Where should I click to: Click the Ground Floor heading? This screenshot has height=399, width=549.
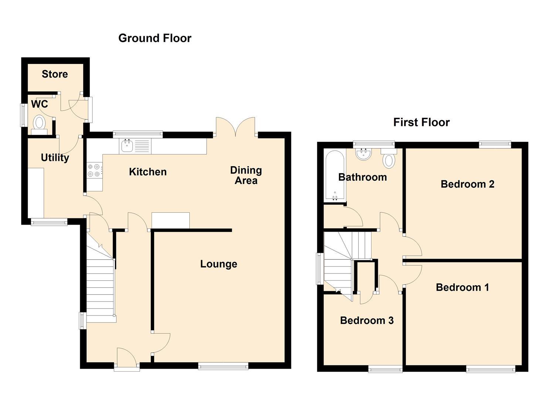point(155,38)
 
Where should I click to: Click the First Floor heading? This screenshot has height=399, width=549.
point(421,122)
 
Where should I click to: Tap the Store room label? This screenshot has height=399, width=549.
point(55,74)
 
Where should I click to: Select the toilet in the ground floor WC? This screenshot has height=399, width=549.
point(39,123)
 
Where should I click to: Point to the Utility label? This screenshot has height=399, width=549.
point(55,158)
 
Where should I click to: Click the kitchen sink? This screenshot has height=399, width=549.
point(127,146)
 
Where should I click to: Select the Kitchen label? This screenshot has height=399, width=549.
point(148,172)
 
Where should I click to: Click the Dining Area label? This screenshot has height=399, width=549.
point(246,175)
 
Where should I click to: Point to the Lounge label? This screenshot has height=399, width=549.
point(218,264)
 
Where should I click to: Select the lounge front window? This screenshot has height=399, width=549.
point(223,366)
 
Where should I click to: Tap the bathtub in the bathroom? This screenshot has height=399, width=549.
point(335,175)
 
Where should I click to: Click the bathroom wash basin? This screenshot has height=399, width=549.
point(364,154)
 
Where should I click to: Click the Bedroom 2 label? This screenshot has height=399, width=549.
point(467,184)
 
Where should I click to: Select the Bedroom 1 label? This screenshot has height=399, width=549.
point(462,287)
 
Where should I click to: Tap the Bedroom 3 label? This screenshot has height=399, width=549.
point(367,320)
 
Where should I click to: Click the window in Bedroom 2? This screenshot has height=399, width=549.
point(495,144)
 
